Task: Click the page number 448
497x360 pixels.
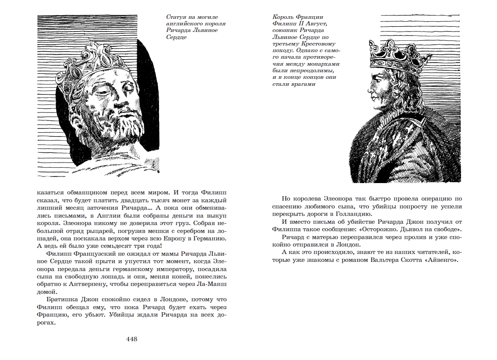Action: pyautogui.click(x=132, y=339)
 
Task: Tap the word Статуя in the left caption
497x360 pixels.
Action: pyautogui.click(x=176, y=18)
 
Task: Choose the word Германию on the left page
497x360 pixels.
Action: pyautogui.click(x=209, y=239)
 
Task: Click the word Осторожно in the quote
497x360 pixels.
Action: pyautogui.click(x=372, y=230)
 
